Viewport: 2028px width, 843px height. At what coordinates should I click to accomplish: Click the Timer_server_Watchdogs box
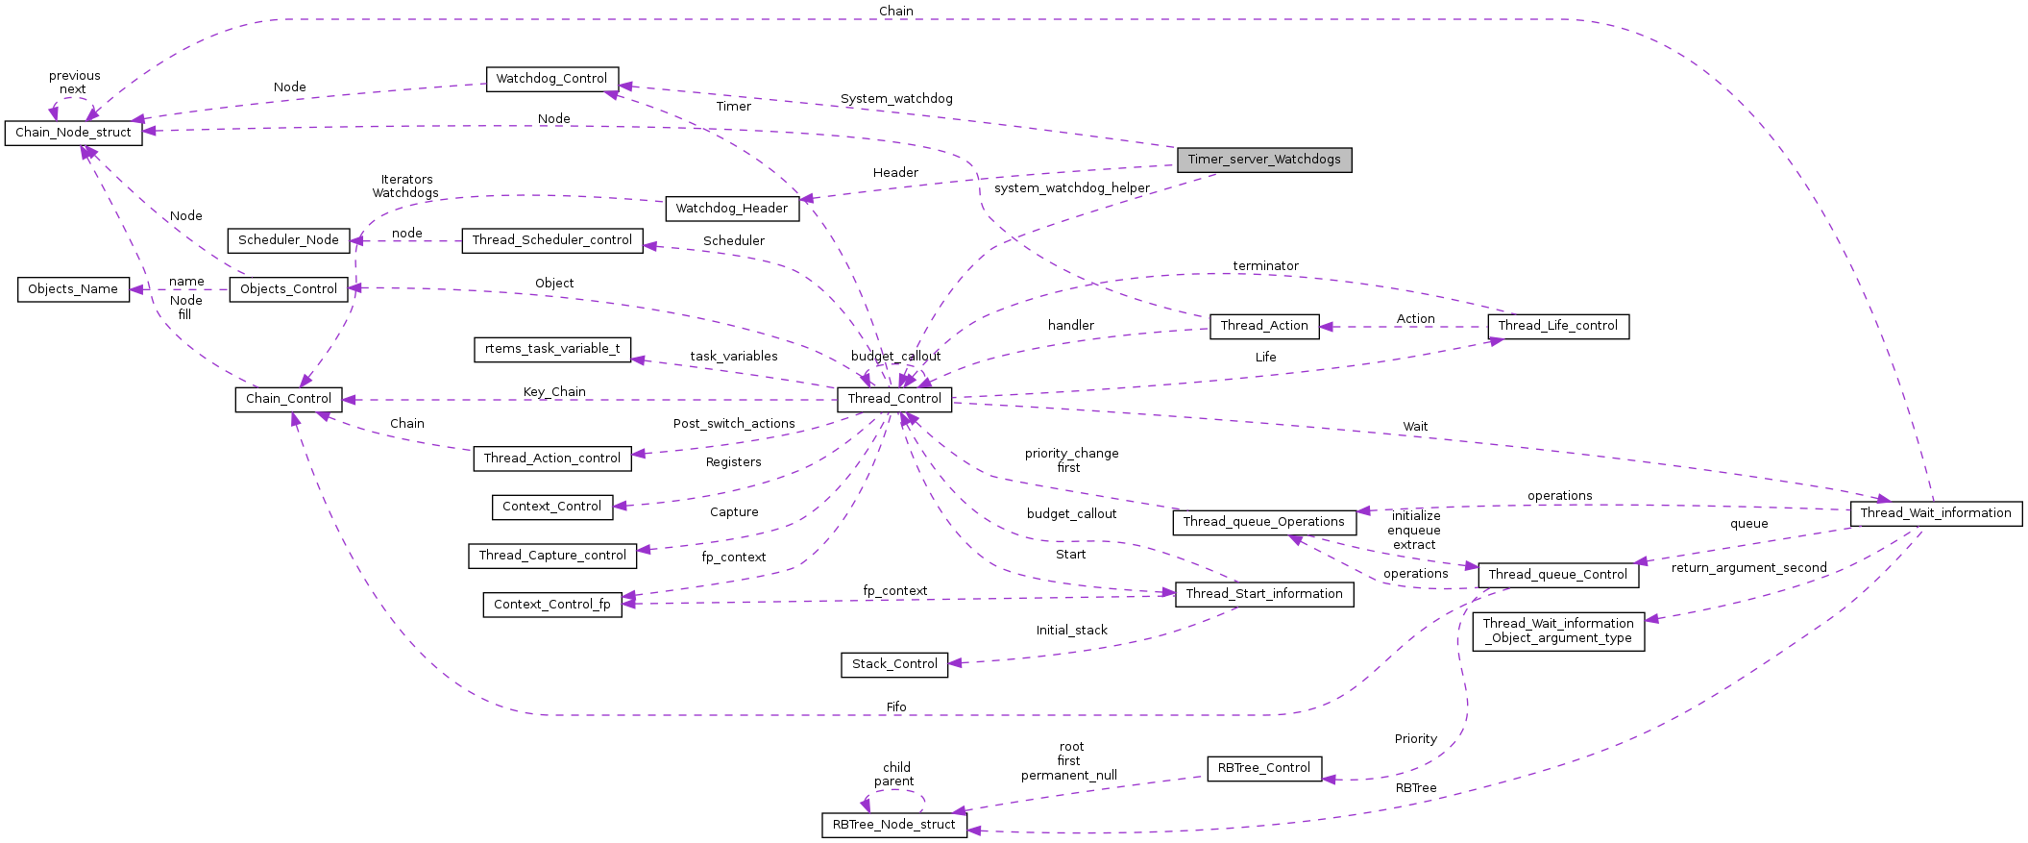pos(1264,160)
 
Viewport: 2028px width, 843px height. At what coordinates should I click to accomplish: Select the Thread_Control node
pos(894,399)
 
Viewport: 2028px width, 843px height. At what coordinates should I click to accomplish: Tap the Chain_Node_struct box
pos(73,133)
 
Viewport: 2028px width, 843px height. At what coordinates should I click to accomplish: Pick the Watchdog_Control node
pos(551,79)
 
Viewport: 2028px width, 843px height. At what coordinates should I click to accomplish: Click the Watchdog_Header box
pos(732,209)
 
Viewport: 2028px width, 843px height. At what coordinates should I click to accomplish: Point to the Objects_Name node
pos(73,289)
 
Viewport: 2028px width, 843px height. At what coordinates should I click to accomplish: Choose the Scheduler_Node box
pos(288,240)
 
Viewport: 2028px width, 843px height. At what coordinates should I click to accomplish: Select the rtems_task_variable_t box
pos(552,349)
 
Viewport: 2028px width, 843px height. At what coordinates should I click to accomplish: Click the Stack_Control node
pos(894,664)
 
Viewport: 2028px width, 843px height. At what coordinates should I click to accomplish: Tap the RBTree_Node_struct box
pos(894,825)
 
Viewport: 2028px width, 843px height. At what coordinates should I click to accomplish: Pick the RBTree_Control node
pos(1264,768)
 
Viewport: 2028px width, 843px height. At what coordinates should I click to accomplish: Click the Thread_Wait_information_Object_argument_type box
pos(1558,632)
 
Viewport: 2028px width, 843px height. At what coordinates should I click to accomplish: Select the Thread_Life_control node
pos(1558,326)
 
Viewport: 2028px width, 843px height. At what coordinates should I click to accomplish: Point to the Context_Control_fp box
pos(552,605)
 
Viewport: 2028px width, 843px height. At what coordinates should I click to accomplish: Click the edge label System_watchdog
pos(896,99)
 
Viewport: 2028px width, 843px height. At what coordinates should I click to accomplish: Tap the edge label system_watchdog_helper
pos(1072,188)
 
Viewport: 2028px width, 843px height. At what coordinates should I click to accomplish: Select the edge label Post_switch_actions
pos(734,424)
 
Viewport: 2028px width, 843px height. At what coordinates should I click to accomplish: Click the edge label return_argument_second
pos(1749,568)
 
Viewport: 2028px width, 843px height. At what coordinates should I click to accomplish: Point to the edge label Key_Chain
pos(554,392)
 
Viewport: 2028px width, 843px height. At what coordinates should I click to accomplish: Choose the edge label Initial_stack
pos(1072,631)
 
